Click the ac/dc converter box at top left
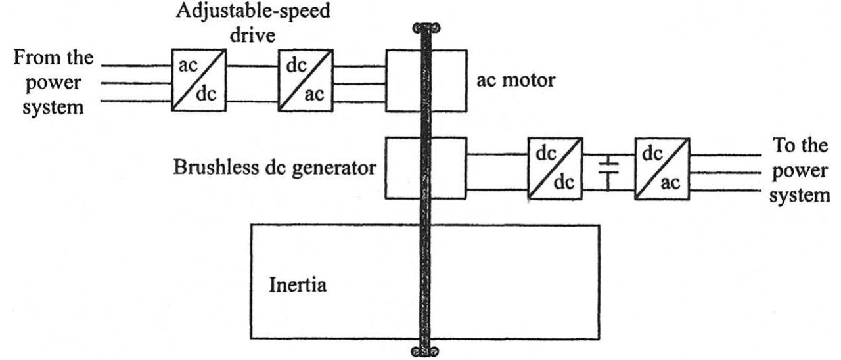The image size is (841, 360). [199, 79]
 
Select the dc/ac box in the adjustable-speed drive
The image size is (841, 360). [306, 79]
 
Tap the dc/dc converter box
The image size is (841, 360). [555, 168]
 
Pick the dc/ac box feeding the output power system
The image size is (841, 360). [662, 168]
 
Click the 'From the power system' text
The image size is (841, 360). [53, 83]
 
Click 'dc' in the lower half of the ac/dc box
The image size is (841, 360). [210, 93]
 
